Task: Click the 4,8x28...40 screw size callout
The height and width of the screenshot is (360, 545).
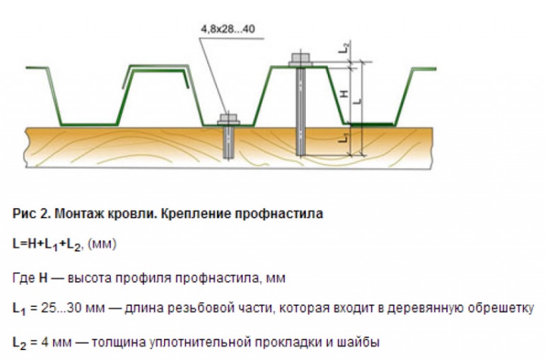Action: coord(228,29)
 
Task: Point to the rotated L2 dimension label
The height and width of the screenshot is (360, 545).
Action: coord(344,47)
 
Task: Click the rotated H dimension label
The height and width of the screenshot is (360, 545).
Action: coord(343,93)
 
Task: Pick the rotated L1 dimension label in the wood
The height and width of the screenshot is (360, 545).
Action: coord(344,138)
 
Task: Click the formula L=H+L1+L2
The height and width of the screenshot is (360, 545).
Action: coord(47,245)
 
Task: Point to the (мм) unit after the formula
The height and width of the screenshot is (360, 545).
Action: coord(102,244)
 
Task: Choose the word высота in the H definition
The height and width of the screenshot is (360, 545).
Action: coord(89,278)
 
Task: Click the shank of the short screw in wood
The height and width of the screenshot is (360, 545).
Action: coord(228,142)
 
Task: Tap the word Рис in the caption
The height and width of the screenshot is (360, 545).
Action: coord(23,213)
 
